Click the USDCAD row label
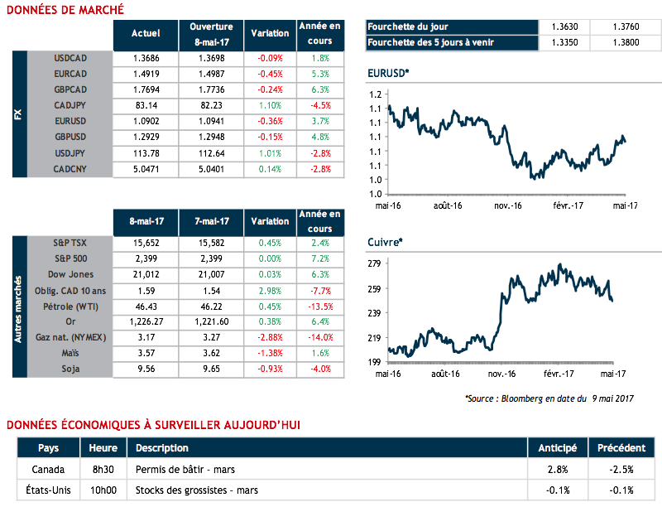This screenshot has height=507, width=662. [x=70, y=59]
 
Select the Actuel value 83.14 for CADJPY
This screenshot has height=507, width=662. [x=146, y=106]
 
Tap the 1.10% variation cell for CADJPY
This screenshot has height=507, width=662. [x=270, y=106]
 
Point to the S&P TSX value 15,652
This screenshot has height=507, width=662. [x=146, y=243]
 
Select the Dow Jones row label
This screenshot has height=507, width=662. [x=70, y=274]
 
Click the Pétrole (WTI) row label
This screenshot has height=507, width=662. [x=70, y=306]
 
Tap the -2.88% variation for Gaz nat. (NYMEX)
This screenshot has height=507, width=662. [x=270, y=337]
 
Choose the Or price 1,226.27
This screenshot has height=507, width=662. [x=146, y=321]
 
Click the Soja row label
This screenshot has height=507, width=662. [x=70, y=369]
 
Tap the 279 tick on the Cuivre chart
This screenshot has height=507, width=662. [x=373, y=263]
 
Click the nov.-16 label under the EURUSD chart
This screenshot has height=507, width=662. [x=506, y=205]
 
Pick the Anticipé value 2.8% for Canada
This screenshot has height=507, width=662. [x=558, y=470]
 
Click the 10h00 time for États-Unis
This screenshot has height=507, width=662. [x=103, y=489]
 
